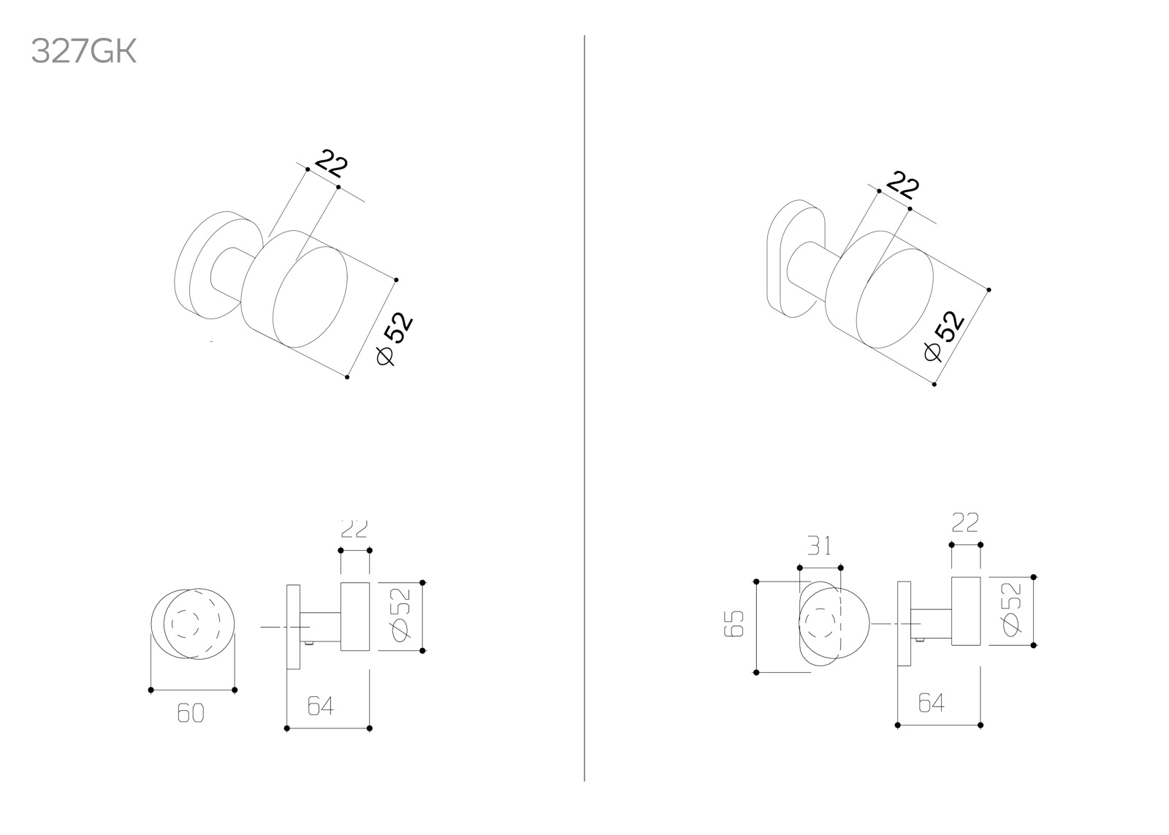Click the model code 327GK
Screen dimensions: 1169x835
click(x=83, y=52)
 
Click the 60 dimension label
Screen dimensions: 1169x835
click(x=191, y=713)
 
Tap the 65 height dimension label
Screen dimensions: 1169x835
click(x=734, y=623)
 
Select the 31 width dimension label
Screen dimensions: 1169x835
click(x=819, y=546)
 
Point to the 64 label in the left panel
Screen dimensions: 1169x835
click(x=320, y=706)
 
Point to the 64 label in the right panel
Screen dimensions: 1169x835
click(x=932, y=703)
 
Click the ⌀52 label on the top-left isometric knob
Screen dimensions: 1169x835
click(x=395, y=338)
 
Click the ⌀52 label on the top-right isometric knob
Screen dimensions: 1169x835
click(x=943, y=335)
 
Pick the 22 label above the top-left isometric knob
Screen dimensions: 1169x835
click(x=332, y=163)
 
